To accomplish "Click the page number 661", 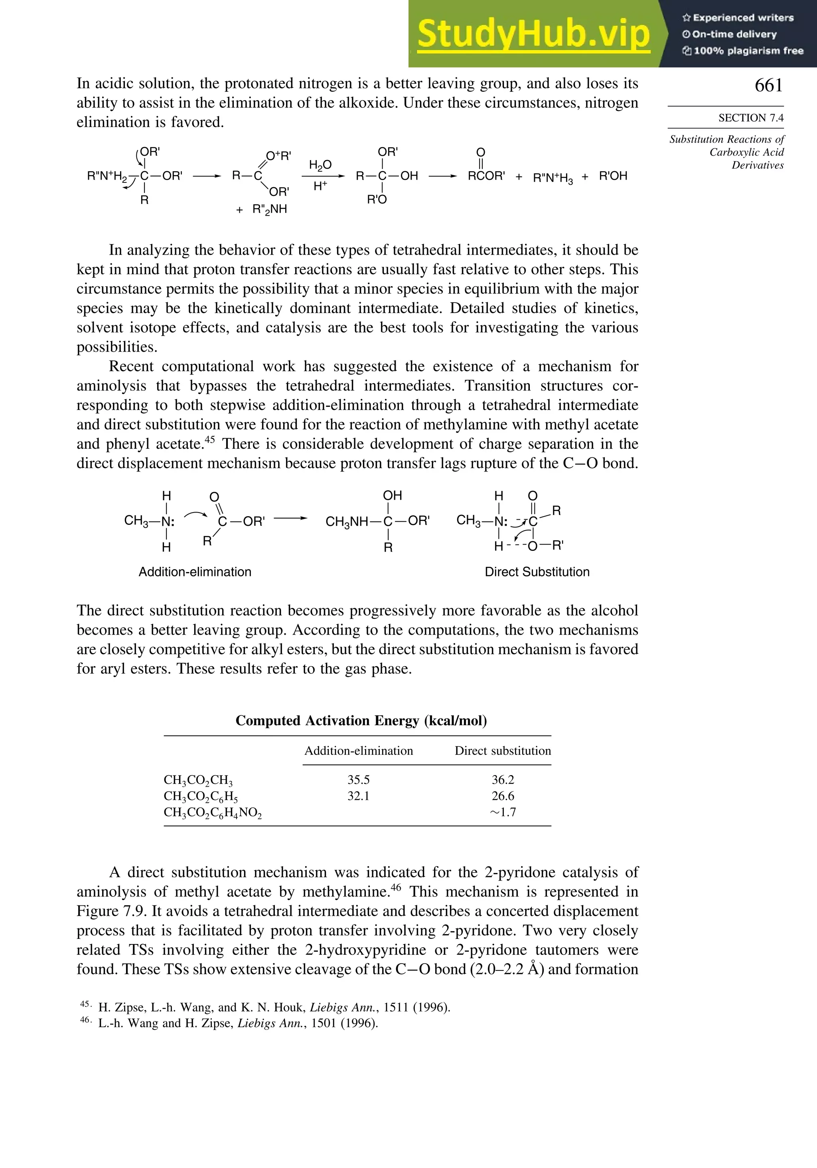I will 768,85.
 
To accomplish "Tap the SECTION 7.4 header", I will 750,118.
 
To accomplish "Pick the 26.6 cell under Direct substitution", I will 502,796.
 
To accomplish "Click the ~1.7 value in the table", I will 502,812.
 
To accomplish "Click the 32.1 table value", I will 358,796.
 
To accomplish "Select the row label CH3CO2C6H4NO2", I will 213,813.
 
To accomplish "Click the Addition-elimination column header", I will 358,751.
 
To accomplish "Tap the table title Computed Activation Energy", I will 361,721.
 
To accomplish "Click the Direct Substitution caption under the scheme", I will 537,572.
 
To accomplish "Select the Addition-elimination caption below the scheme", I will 195,572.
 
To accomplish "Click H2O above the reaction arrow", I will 320,165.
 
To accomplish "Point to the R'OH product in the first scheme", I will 613,176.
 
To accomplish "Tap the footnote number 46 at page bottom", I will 85,1020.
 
